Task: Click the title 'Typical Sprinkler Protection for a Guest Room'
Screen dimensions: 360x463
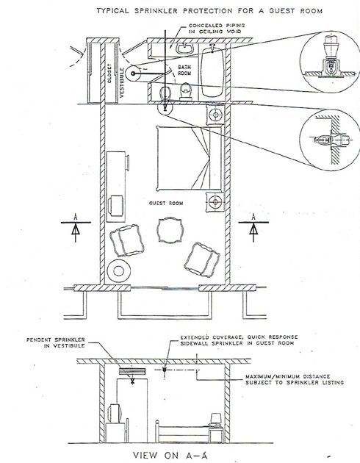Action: coord(209,11)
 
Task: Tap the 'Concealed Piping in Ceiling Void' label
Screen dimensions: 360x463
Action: coord(217,29)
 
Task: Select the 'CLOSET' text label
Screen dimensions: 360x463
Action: coord(109,73)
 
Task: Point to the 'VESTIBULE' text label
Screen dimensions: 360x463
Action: coord(122,82)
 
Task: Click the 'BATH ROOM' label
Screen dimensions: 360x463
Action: coord(184,71)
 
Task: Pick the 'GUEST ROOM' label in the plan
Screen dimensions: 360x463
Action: coord(166,203)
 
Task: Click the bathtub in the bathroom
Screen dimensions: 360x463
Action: coord(212,71)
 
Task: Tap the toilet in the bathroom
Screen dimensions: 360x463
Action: coord(186,92)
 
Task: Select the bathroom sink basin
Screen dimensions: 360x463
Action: coord(184,49)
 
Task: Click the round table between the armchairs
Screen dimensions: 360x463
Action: coord(170,230)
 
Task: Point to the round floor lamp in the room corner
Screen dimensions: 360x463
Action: coord(118,270)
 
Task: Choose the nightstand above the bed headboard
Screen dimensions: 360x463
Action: coord(215,114)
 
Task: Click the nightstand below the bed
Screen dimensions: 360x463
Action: coord(215,201)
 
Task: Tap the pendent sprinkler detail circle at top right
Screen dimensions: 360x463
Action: coord(329,62)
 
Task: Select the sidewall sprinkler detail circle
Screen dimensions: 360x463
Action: coord(330,140)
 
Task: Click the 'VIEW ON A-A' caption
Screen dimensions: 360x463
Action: coord(170,456)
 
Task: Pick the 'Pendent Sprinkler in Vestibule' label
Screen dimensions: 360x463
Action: coord(56,342)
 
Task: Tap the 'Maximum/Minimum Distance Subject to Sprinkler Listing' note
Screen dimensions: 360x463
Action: coord(295,379)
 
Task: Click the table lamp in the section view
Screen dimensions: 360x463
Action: coord(216,420)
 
